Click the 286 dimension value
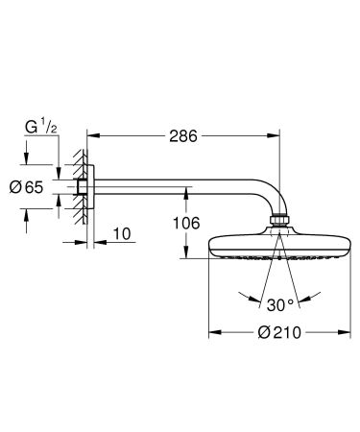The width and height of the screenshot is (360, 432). pos(180,136)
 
